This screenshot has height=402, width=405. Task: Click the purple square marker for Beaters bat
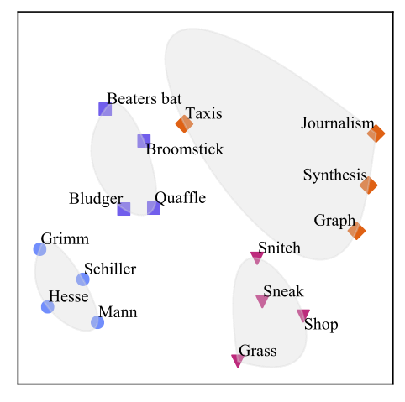pyautogui.click(x=105, y=109)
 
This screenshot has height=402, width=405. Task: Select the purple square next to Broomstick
pyautogui.click(x=144, y=141)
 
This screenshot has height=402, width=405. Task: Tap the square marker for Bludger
pyautogui.click(x=124, y=209)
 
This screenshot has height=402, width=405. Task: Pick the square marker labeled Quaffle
pyautogui.click(x=154, y=208)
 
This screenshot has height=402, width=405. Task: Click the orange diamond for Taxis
pyautogui.click(x=184, y=124)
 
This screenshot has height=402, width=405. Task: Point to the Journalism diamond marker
pyautogui.click(x=376, y=133)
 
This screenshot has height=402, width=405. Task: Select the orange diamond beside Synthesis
pyautogui.click(x=368, y=185)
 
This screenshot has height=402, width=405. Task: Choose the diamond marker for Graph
pyautogui.click(x=356, y=231)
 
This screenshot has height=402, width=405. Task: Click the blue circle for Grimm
pyautogui.click(x=39, y=249)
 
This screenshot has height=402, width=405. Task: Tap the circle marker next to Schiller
pyautogui.click(x=83, y=279)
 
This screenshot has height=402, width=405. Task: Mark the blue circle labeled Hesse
pyautogui.click(x=48, y=307)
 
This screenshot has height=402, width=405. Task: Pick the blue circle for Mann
pyautogui.click(x=97, y=322)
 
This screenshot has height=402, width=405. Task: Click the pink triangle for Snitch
pyautogui.click(x=257, y=258)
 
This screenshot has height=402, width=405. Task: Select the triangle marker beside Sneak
pyautogui.click(x=262, y=301)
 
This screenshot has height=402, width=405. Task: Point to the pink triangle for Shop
pyautogui.click(x=303, y=316)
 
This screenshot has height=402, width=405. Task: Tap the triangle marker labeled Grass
pyautogui.click(x=238, y=360)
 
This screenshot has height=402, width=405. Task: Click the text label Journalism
pyautogui.click(x=338, y=123)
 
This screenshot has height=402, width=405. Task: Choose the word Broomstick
pyautogui.click(x=185, y=149)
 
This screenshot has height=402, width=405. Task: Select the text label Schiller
pyautogui.click(x=110, y=269)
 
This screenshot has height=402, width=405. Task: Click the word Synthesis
pyautogui.click(x=335, y=175)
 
